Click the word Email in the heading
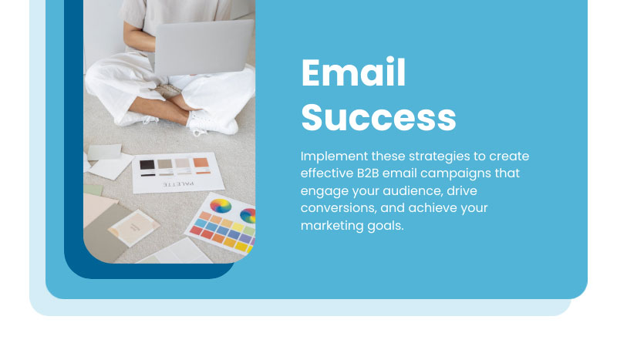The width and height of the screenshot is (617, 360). tap(353, 72)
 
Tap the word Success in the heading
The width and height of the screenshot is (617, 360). tap(379, 117)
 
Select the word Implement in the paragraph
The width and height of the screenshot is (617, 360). tap(334, 156)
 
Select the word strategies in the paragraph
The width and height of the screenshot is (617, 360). tap(440, 156)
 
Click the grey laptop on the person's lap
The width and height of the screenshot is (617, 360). tap(203, 47)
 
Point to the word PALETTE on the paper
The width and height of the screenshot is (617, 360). tap(179, 184)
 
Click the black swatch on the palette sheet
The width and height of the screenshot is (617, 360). tap(147, 164)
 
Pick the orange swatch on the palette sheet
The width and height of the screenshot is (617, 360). tap(201, 163)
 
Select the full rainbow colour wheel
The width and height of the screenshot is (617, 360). tap(221, 205)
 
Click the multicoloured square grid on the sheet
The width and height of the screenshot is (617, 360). tap(223, 232)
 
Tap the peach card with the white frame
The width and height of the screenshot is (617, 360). tap(133, 228)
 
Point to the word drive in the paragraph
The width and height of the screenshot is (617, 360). tap(462, 191)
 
